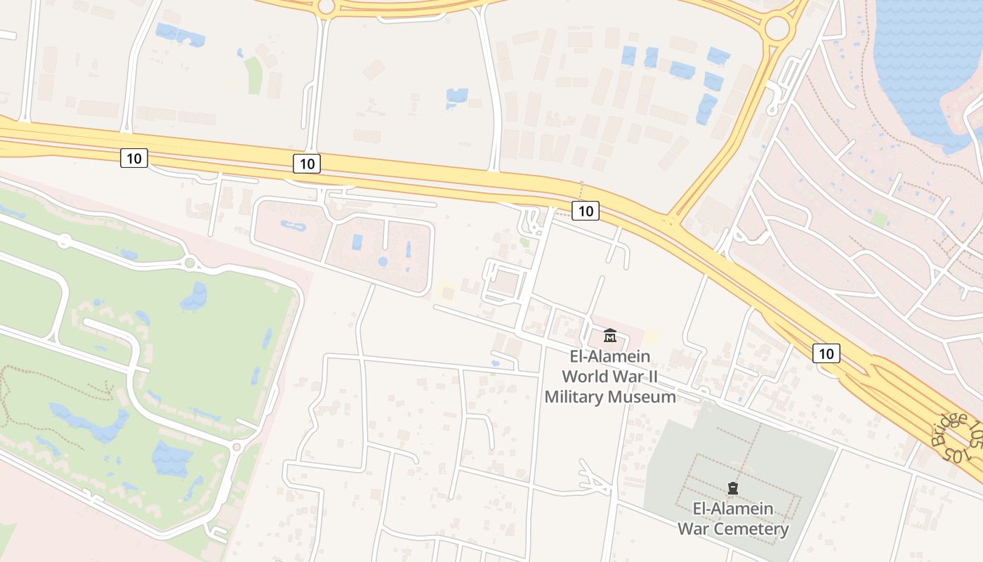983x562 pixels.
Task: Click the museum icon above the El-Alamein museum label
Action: [609, 335]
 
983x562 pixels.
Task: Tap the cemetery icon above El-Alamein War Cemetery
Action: [733, 488]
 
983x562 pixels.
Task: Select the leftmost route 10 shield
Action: [133, 158]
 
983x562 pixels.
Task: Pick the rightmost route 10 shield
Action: [826, 353]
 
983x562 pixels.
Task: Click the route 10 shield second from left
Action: [307, 164]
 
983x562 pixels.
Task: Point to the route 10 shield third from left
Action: [585, 210]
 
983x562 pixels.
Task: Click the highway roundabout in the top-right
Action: [777, 28]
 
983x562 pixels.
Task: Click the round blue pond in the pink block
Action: [383, 261]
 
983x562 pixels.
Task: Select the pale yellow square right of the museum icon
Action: [651, 337]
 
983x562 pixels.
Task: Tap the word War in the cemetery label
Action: [693, 529]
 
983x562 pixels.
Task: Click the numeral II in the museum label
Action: [652, 377]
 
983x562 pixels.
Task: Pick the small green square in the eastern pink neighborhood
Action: [878, 219]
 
